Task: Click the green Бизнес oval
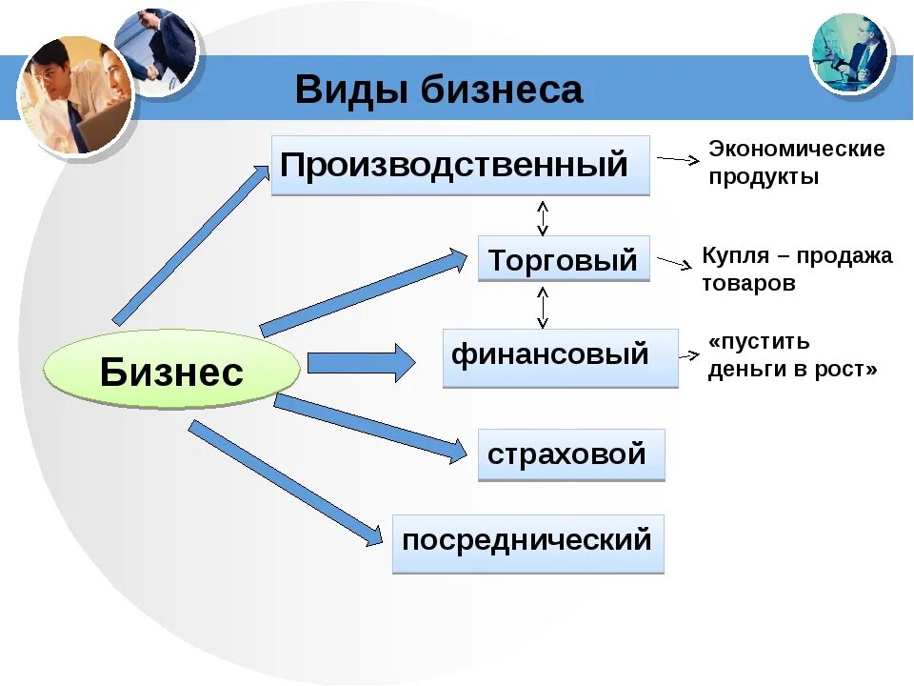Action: pyautogui.click(x=171, y=371)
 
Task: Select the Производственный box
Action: pyautogui.click(x=460, y=165)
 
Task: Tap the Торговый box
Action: pyautogui.click(x=564, y=259)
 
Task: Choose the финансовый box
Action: pyautogui.click(x=560, y=357)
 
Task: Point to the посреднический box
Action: pyautogui.click(x=527, y=543)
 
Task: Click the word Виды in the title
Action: pyautogui.click(x=349, y=91)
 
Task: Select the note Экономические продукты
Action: pyautogui.click(x=796, y=163)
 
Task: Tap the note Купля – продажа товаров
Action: pyautogui.click(x=796, y=269)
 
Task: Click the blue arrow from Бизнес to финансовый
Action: pyautogui.click(x=361, y=363)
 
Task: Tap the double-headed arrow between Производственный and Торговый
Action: pyautogui.click(x=543, y=217)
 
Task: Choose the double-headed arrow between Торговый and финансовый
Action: pyautogui.click(x=543, y=307)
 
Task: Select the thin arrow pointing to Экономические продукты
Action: pyautogui.click(x=678, y=161)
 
